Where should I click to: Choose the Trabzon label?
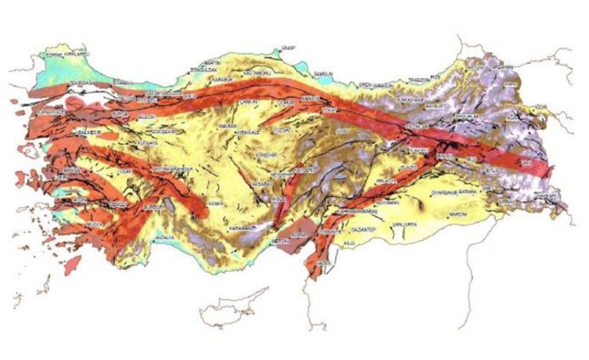click(x=419, y=80)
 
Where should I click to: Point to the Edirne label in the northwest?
click(x=54, y=55)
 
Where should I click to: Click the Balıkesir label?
click(x=84, y=132)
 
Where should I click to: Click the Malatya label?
click(x=385, y=181)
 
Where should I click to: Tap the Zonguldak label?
click(x=200, y=69)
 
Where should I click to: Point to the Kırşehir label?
click(x=266, y=154)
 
